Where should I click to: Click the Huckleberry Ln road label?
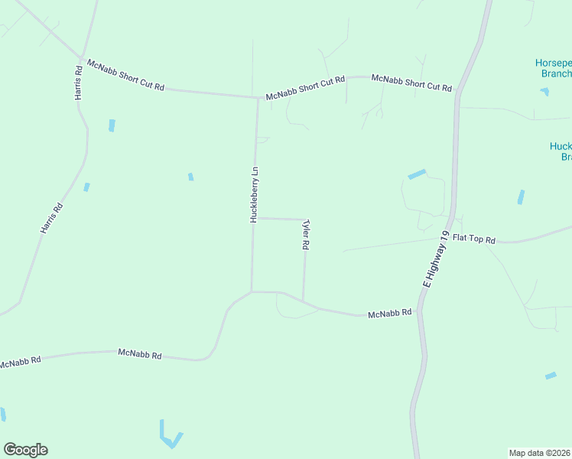point(255,194)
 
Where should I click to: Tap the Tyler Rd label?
point(306,235)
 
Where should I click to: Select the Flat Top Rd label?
point(474,239)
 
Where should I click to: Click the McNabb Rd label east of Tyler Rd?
point(390,314)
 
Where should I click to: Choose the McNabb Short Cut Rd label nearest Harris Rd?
point(126,75)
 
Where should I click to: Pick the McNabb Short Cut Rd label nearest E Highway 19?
point(411,83)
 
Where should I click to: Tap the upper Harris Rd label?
point(78,83)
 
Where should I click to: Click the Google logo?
point(26,450)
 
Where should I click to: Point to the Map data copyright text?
point(540,452)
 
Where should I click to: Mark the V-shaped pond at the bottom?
point(171,437)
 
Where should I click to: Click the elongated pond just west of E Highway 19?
point(417,174)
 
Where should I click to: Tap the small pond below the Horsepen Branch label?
point(544,92)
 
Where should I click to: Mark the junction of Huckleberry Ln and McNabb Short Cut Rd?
point(257,97)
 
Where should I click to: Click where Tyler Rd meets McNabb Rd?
point(304,301)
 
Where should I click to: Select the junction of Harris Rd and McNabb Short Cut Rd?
point(80,57)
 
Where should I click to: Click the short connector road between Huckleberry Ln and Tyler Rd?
point(280,219)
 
